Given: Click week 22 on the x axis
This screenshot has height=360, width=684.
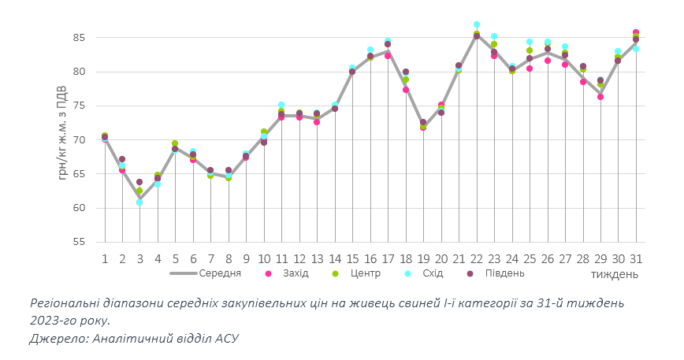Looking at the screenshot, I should [x=477, y=258].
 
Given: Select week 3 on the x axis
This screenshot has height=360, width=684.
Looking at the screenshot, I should [x=140, y=258].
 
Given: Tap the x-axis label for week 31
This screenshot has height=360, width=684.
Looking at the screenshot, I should [x=636, y=258].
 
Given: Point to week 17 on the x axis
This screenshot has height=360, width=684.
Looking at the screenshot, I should [x=388, y=258].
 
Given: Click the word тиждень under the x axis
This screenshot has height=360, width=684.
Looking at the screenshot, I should [x=615, y=274].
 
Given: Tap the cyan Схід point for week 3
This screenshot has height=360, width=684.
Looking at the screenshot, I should [x=139, y=202].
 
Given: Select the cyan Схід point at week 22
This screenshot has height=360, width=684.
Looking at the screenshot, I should [x=477, y=25].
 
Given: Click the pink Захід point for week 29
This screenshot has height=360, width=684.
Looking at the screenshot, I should [x=600, y=97].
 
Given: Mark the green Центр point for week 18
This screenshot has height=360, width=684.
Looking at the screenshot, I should [x=406, y=80].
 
